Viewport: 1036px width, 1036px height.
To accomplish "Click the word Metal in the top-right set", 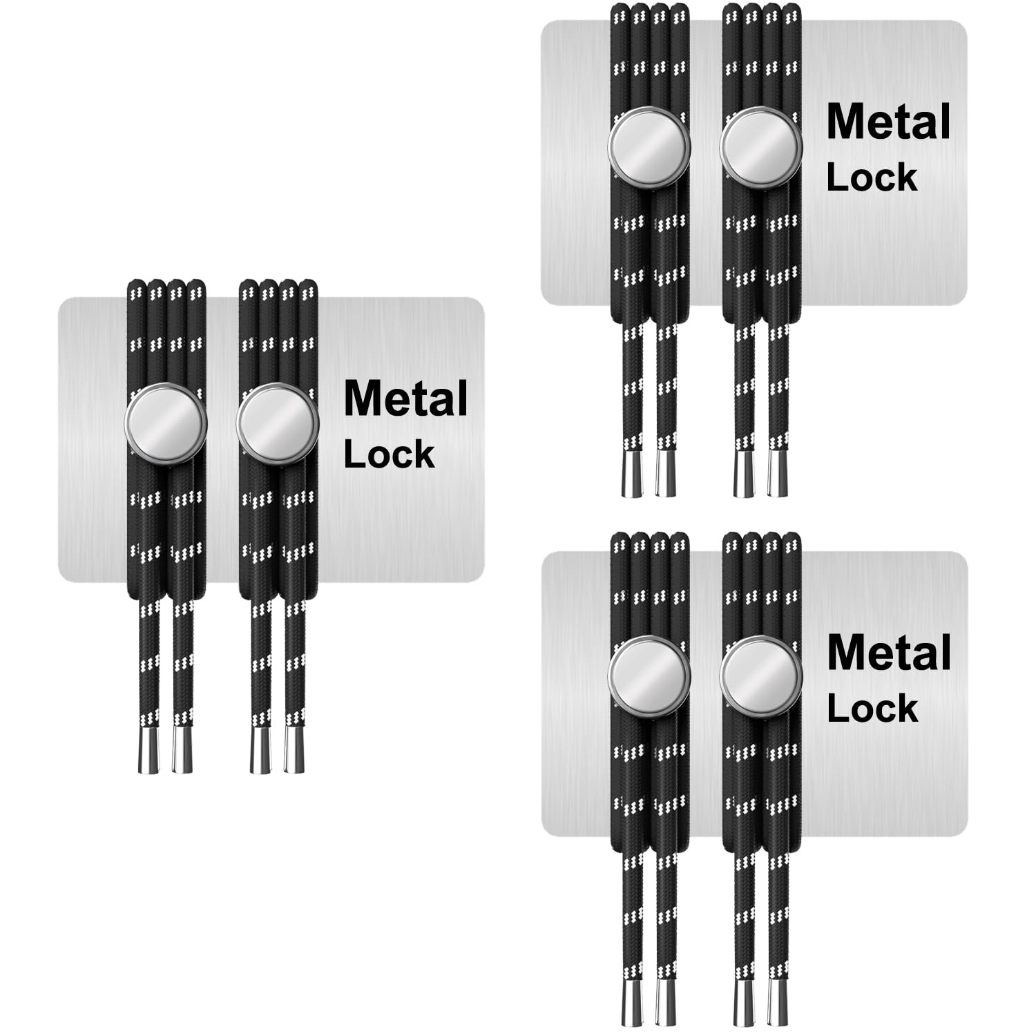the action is pyautogui.click(x=888, y=123).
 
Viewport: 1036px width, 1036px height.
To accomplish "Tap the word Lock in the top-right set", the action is pyautogui.click(x=872, y=178).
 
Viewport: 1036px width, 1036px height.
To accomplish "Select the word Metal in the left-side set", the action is pyautogui.click(x=405, y=399).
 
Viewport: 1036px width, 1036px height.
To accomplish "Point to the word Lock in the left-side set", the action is pyautogui.click(x=389, y=454).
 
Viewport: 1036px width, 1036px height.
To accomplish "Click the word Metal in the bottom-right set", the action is pyautogui.click(x=889, y=653).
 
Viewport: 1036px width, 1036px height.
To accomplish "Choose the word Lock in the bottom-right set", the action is pyautogui.click(x=872, y=709).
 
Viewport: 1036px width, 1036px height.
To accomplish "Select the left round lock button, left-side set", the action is pyautogui.click(x=166, y=423).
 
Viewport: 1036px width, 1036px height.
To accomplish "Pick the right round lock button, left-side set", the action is pyautogui.click(x=278, y=423).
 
